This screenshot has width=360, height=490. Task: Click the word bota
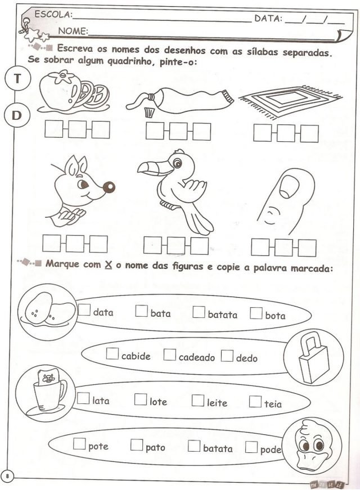(276, 316)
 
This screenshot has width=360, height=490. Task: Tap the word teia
(273, 403)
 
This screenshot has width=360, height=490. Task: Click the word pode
(271, 449)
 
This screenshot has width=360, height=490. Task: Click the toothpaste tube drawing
(180, 100)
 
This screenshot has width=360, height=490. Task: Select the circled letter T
(17, 78)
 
